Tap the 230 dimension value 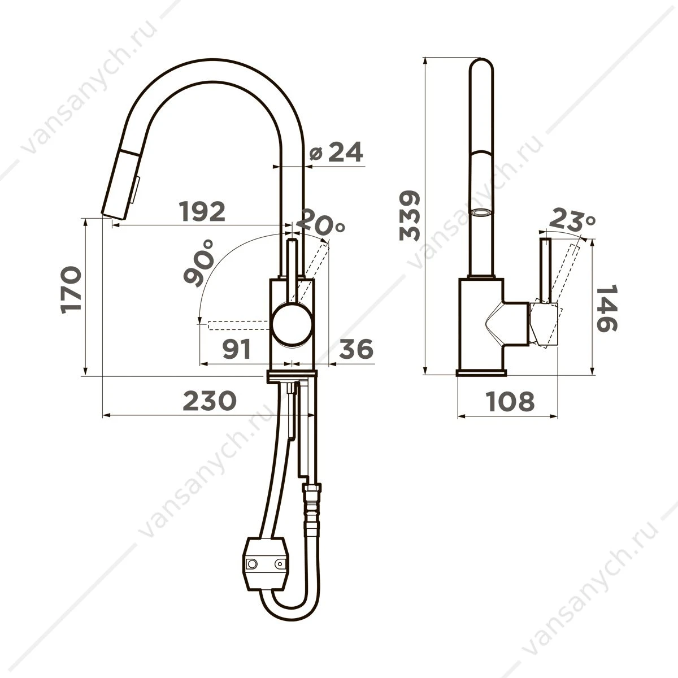coord(210,401)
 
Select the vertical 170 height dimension coord(71,290)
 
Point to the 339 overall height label coord(410,215)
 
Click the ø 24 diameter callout coord(336,151)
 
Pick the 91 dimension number coord(237,349)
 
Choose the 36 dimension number coord(356,349)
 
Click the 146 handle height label coord(607,308)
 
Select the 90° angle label coord(199,263)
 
